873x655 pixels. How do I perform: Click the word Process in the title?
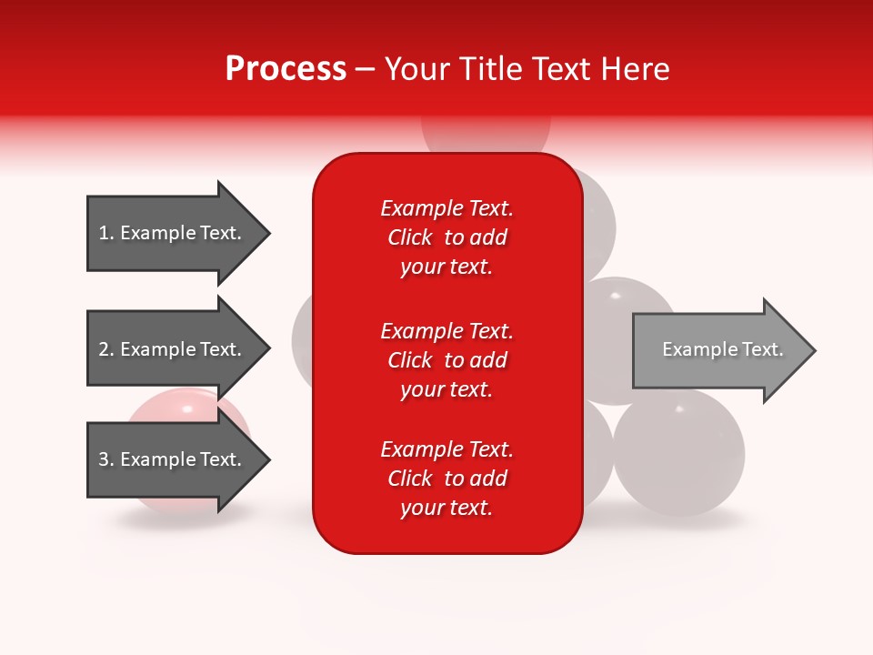click(x=286, y=69)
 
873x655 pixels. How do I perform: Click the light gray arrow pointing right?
click(x=718, y=350)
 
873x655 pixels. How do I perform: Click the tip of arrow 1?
click(x=267, y=234)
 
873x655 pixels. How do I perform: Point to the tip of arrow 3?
click(x=267, y=459)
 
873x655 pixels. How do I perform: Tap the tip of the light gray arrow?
click(x=813, y=350)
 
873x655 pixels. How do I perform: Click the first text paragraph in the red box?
click(x=447, y=237)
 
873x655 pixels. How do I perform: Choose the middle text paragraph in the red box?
click(x=447, y=360)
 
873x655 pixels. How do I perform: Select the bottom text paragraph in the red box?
click(x=447, y=479)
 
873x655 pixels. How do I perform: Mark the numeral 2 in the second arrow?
click(x=103, y=349)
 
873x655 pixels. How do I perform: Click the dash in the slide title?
click(x=365, y=70)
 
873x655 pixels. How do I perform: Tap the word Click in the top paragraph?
click(x=410, y=237)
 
